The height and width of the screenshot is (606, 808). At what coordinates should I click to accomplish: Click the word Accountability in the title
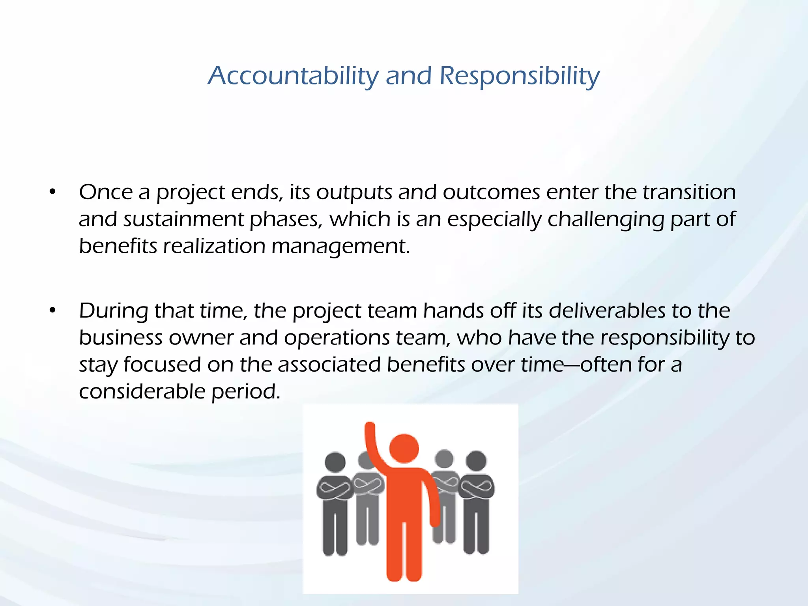292,76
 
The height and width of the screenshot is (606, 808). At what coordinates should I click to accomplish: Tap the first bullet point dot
52,193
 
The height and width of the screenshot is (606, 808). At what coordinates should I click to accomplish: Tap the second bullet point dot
52,311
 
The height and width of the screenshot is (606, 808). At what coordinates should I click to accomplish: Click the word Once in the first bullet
105,193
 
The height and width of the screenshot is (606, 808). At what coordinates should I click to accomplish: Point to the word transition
689,193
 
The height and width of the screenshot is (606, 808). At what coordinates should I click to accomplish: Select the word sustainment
183,219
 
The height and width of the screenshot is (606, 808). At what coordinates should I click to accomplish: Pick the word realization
214,246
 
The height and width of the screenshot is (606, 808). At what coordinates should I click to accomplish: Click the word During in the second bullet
113,311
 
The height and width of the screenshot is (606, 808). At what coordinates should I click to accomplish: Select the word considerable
142,391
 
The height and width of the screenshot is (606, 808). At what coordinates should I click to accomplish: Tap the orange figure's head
404,448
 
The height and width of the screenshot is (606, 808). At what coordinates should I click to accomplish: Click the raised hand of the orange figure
369,428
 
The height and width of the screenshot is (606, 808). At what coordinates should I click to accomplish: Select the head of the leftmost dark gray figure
335,462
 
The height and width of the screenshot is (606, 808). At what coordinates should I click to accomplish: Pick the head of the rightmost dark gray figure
476,461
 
